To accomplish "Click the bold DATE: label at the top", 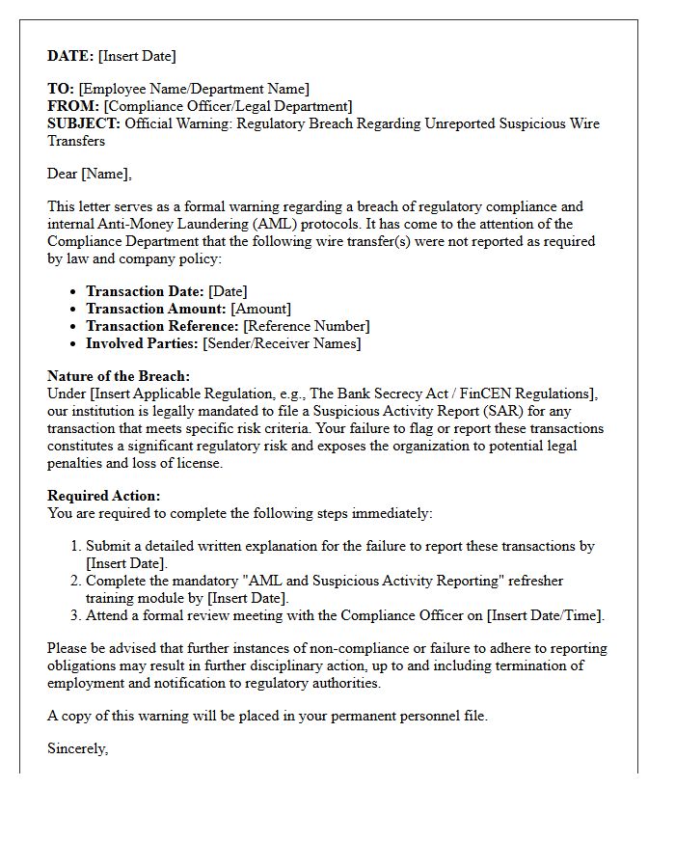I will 70,56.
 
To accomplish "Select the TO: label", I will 61,89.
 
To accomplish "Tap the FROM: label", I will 73,106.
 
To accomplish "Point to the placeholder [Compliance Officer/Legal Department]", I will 228,106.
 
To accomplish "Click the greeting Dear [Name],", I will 90,174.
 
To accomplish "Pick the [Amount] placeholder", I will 261,309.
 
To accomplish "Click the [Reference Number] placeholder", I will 306,326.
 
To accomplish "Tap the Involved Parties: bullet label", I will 142,343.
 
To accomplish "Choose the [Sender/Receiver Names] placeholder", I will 282,343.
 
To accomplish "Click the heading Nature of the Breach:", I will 119,376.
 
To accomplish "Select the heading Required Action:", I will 104,496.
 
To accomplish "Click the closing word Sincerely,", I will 77,748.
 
